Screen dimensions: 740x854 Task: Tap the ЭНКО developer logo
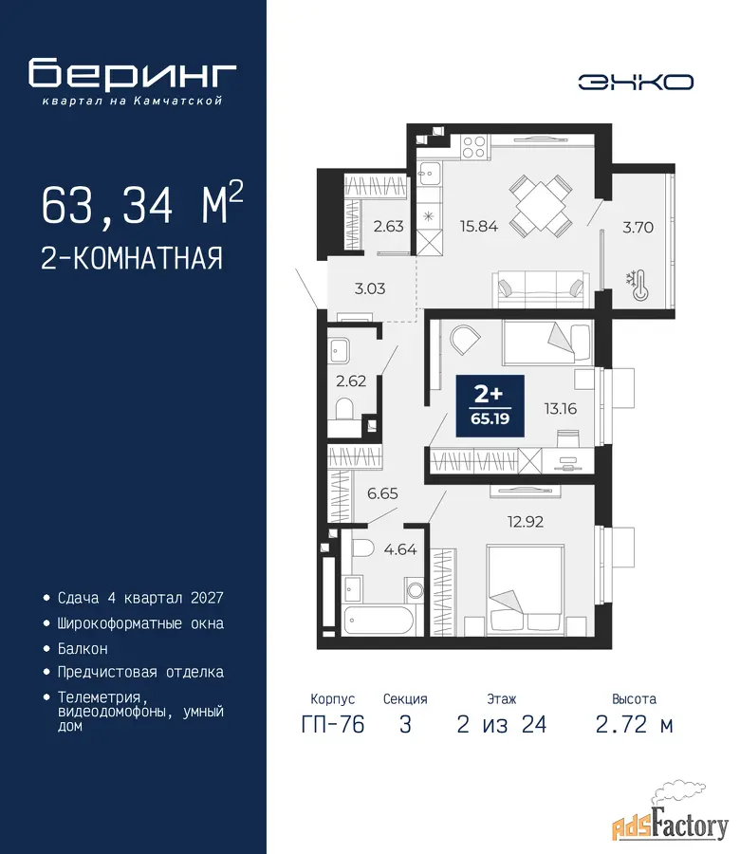click(x=636, y=83)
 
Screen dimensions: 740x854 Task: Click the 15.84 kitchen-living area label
click(x=479, y=226)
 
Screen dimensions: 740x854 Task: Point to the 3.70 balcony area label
click(x=638, y=227)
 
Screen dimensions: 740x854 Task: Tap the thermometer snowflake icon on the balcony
click(x=638, y=286)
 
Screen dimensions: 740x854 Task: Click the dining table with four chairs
click(x=540, y=206)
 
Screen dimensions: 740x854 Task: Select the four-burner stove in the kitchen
click(x=473, y=146)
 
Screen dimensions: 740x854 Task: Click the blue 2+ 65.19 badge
click(x=490, y=406)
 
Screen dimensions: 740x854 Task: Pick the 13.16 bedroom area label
click(x=561, y=408)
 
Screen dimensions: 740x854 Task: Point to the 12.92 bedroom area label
click(x=525, y=522)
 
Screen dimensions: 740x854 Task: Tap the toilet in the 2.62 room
click(x=344, y=409)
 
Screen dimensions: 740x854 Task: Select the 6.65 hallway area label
click(x=382, y=493)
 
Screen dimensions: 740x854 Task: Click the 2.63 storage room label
click(x=388, y=226)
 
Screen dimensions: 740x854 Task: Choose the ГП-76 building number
click(x=333, y=725)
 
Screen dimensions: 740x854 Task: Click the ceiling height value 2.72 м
click(x=635, y=725)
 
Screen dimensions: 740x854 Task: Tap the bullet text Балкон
click(x=83, y=649)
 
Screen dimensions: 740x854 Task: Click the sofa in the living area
click(x=541, y=289)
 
